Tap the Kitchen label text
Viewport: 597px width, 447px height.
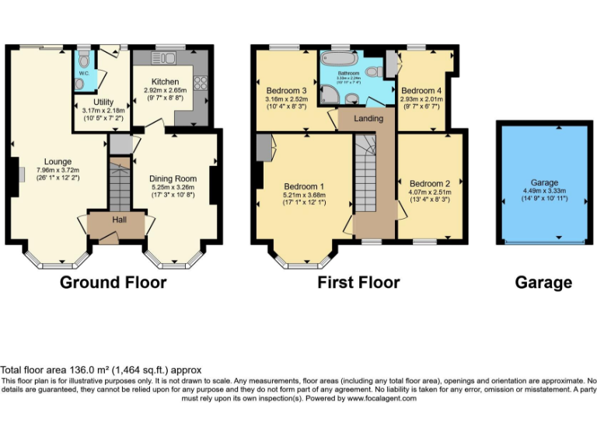165,81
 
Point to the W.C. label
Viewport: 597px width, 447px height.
83,74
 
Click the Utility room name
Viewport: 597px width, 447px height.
103,102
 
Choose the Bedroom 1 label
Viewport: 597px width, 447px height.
304,186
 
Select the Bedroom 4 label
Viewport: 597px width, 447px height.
422,90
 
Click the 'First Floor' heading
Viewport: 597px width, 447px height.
358,282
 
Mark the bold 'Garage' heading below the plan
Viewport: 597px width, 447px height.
543,282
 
